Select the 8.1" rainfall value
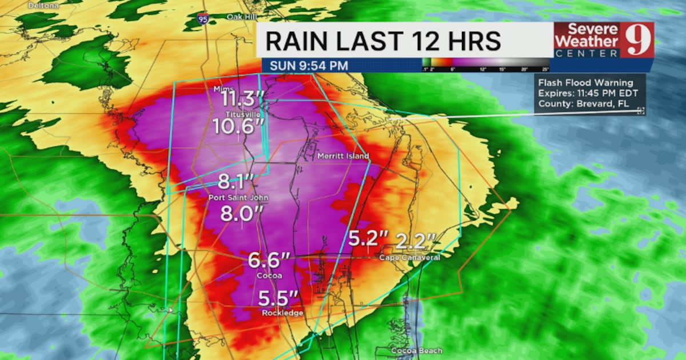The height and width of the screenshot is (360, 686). (235, 183)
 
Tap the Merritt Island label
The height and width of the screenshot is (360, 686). (343, 156)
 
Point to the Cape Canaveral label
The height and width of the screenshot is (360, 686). (409, 258)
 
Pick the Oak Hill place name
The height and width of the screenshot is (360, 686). (240, 17)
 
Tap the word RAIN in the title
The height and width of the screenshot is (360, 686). (296, 41)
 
